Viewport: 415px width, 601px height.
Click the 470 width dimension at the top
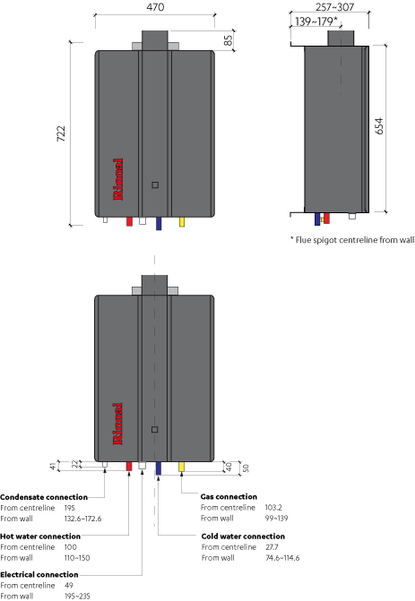pyautogui.click(x=155, y=7)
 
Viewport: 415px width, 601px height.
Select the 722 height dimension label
pyautogui.click(x=61, y=133)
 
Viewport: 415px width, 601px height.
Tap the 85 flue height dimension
pyautogui.click(x=228, y=40)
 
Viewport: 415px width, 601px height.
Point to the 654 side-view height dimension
pyautogui.click(x=379, y=126)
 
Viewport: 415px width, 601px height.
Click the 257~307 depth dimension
pyautogui.click(x=335, y=7)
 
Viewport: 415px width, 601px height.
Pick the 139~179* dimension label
pyautogui.click(x=316, y=21)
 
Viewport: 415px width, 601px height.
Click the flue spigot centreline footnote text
pyautogui.click(x=352, y=240)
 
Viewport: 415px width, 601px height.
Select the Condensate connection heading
pyautogui.click(x=44, y=497)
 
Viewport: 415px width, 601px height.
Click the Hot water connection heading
pyautogui.click(x=40, y=537)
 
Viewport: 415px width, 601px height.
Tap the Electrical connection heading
pyautogui.click(x=39, y=574)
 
